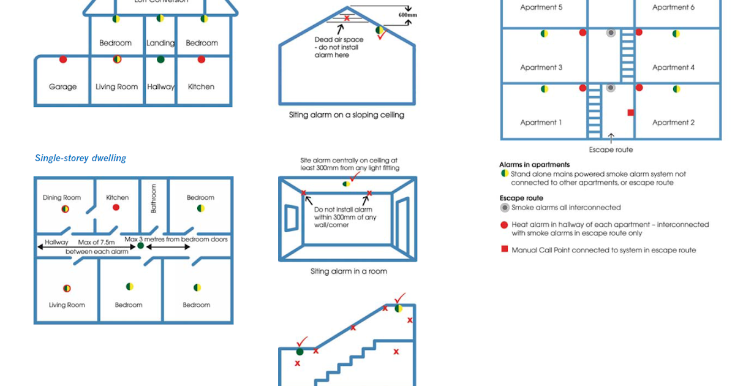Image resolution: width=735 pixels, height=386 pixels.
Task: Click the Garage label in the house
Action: (62, 87)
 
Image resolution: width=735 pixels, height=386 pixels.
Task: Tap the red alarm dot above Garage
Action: (63, 59)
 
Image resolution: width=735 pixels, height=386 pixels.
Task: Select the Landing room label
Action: (160, 43)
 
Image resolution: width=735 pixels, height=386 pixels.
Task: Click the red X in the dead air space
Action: (347, 18)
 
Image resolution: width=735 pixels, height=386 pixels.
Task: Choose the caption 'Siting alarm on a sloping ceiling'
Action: (346, 115)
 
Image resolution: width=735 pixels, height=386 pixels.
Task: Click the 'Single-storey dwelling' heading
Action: (80, 158)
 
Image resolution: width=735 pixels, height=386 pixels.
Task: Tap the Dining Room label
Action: (62, 197)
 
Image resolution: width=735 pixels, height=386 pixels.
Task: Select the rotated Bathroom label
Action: (154, 199)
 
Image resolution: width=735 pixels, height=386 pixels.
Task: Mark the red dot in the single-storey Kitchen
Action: (116, 208)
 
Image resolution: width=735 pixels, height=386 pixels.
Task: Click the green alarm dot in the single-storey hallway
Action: (140, 246)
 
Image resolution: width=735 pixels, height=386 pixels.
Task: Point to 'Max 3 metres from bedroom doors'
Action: (176, 239)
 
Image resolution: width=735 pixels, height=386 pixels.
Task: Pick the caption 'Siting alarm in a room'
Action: (349, 271)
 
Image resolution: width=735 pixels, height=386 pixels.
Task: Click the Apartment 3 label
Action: (541, 67)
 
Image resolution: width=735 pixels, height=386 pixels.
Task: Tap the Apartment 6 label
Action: (673, 7)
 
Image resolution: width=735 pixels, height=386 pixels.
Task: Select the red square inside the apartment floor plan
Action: (630, 113)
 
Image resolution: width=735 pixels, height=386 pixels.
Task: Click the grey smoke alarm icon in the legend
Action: (505, 208)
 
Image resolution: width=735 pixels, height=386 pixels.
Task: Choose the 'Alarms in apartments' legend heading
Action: (534, 165)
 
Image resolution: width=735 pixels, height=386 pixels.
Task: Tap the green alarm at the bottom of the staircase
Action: (300, 351)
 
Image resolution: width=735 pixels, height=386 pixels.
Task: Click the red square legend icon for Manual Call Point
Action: (505, 249)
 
